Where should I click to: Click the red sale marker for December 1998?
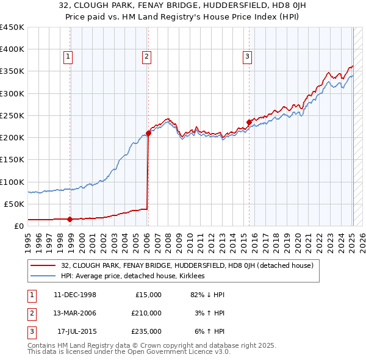coord(70,219)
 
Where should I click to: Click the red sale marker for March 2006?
coord(148,133)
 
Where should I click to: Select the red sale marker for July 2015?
coord(249,122)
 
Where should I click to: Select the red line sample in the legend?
coord(43,265)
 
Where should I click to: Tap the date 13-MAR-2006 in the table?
coord(75,313)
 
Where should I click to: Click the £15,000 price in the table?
coord(148,295)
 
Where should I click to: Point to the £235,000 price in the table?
coord(146,331)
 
